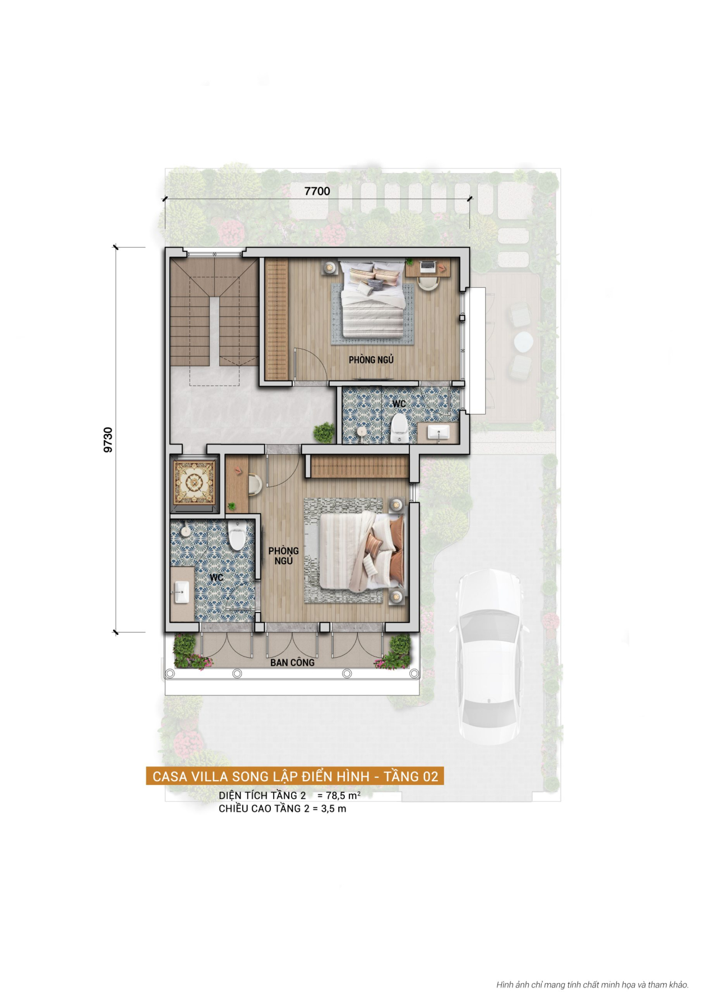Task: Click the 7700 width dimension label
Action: click(x=317, y=191)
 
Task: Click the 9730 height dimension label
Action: click(x=108, y=440)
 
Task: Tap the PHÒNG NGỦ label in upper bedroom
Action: click(x=371, y=359)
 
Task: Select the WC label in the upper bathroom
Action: click(x=399, y=404)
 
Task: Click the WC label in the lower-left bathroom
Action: click(x=216, y=577)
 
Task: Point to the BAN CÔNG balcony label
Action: click(x=292, y=662)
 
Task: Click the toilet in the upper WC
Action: click(x=399, y=428)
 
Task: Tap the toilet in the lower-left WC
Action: click(x=237, y=536)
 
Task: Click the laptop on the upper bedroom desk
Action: click(x=428, y=267)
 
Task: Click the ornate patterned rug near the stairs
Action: click(x=193, y=482)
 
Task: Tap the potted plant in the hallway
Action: click(x=324, y=432)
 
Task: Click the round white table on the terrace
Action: click(x=524, y=341)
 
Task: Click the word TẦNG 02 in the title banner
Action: click(x=411, y=776)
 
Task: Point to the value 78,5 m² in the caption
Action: click(x=343, y=795)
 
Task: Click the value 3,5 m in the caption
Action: click(x=333, y=809)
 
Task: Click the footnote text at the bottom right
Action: click(x=592, y=984)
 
